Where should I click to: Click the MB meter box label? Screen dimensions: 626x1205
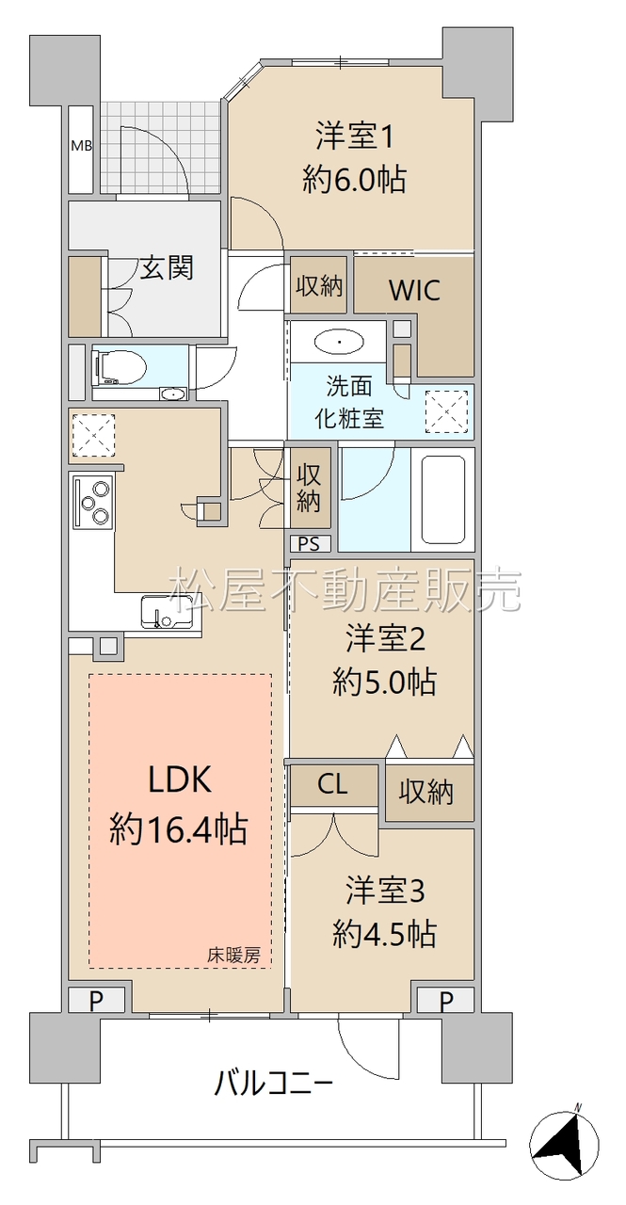[x=82, y=145]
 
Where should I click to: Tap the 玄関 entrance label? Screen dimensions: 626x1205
[x=167, y=267]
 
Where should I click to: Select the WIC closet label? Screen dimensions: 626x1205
[x=414, y=291]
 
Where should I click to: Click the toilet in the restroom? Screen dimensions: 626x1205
[x=120, y=368]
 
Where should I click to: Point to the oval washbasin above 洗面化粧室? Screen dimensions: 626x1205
[x=339, y=342]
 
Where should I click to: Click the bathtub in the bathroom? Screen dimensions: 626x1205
[x=442, y=500]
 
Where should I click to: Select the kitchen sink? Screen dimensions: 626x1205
[x=164, y=612]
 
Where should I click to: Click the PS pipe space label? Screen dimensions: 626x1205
[x=308, y=544]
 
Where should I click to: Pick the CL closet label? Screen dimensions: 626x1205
[x=332, y=784]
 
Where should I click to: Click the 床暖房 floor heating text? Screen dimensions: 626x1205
[x=234, y=955]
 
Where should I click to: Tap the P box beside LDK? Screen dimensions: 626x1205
[x=96, y=1002]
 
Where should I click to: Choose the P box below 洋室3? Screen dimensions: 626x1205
[x=446, y=1002]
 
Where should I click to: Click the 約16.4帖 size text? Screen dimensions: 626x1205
[x=179, y=829]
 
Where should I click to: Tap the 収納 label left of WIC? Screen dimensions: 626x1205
[x=319, y=285]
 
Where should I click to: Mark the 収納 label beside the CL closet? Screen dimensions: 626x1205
[x=425, y=792]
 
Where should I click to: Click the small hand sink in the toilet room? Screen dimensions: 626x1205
[x=172, y=394]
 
